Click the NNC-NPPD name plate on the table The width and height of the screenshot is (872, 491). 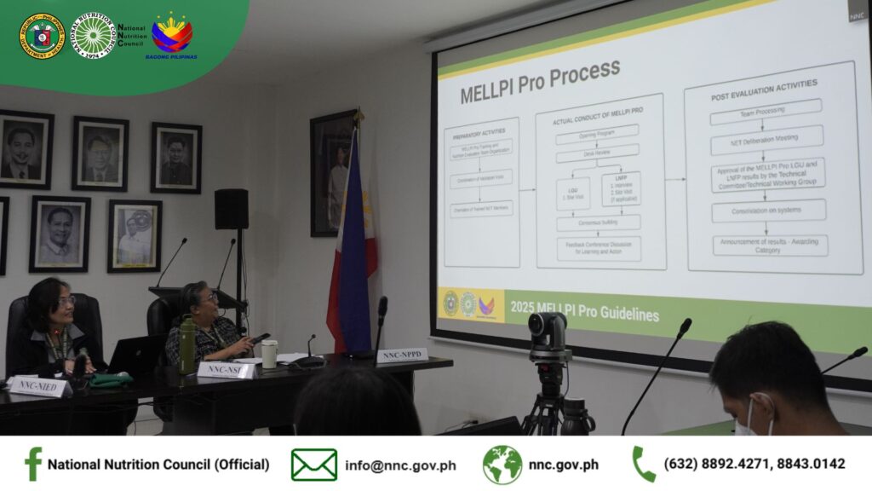(401, 355)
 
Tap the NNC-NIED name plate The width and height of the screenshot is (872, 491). (39, 386)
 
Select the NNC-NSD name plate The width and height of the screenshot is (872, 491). (227, 369)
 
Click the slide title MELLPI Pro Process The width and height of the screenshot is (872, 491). (540, 83)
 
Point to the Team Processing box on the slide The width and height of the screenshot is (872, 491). (766, 110)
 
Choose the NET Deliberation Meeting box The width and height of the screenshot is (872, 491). (766, 139)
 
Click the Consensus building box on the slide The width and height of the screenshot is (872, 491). (598, 222)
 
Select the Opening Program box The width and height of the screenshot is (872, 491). (597, 134)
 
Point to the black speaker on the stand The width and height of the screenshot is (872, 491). (231, 209)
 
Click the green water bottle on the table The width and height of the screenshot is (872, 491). (186, 345)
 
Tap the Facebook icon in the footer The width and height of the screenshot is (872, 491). (33, 465)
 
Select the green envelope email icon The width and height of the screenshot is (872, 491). (313, 465)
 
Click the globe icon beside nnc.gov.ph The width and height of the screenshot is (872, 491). (502, 465)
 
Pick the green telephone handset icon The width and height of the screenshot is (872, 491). (644, 465)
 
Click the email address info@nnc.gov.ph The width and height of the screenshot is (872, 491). (400, 465)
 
